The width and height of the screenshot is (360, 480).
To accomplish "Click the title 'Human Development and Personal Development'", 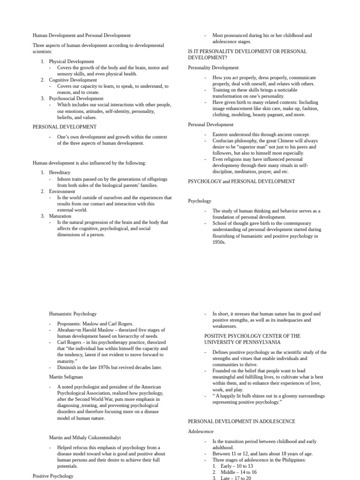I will (x=82, y=35).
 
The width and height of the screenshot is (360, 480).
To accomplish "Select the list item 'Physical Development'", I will (x=71, y=61).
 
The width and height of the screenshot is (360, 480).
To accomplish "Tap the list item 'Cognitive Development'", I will (x=73, y=80).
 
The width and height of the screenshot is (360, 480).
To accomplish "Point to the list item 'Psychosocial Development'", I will (x=76, y=98).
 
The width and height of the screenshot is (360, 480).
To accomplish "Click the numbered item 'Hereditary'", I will (x=60, y=172).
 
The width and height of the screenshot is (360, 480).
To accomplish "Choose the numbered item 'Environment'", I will (x=62, y=191).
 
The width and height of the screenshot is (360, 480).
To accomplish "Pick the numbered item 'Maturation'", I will (x=60, y=216).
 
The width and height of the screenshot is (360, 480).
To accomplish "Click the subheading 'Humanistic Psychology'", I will (x=73, y=314).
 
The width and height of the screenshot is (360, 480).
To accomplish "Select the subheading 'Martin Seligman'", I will (x=67, y=376).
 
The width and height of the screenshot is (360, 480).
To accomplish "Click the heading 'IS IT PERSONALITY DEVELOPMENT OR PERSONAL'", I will (x=247, y=51).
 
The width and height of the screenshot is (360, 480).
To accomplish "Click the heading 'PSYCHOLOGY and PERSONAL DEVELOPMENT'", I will (x=241, y=181).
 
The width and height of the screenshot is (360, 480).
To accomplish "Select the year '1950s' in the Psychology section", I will (x=219, y=242).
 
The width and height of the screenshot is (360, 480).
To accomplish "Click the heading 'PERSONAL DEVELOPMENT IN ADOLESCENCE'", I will (x=241, y=421).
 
